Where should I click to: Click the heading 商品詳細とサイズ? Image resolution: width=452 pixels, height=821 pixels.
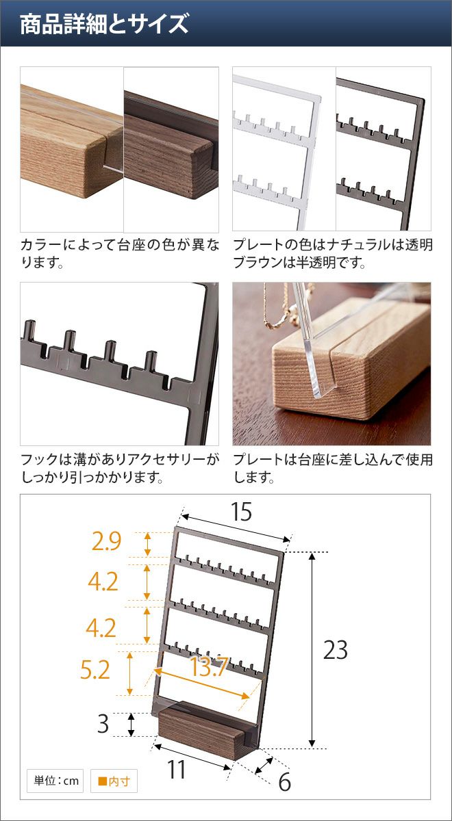tap(104, 24)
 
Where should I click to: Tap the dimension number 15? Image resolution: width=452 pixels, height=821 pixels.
tap(241, 512)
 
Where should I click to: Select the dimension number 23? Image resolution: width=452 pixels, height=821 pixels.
tap(336, 650)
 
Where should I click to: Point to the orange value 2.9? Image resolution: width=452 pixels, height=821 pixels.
tap(106, 541)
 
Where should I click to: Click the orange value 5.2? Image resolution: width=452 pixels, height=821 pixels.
tap(95, 670)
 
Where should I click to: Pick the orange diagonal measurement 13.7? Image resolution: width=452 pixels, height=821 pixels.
tap(210, 666)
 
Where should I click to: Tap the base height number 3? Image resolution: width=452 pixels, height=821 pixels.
tap(103, 724)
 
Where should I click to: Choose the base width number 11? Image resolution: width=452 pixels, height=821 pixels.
tap(176, 769)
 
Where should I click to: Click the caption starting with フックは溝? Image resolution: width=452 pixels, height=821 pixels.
tap(120, 468)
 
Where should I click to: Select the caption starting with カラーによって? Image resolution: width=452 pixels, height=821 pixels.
tap(120, 253)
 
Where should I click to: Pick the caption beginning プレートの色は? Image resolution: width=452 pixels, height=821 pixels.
tap(333, 253)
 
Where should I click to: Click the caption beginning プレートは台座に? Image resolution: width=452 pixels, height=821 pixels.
tap(333, 468)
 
